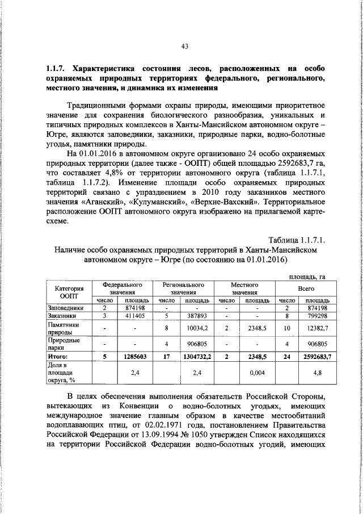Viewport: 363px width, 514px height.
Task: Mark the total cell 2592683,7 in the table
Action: tap(317, 356)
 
